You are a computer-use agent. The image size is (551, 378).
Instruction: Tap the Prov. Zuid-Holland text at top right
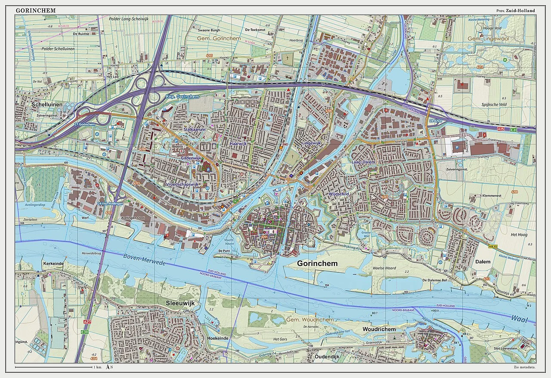click(x=515, y=10)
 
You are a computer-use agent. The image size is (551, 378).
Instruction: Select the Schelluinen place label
click(x=47, y=104)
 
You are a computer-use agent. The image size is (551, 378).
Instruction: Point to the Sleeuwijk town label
click(x=180, y=303)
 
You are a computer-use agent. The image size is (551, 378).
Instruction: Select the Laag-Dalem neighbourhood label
click(x=363, y=162)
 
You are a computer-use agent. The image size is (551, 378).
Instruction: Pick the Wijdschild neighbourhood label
click(x=338, y=194)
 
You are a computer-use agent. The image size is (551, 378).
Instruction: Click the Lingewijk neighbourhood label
click(x=312, y=143)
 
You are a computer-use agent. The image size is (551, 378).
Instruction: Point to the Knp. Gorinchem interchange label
click(x=182, y=97)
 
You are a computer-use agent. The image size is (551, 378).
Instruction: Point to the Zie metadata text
click(x=525, y=367)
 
